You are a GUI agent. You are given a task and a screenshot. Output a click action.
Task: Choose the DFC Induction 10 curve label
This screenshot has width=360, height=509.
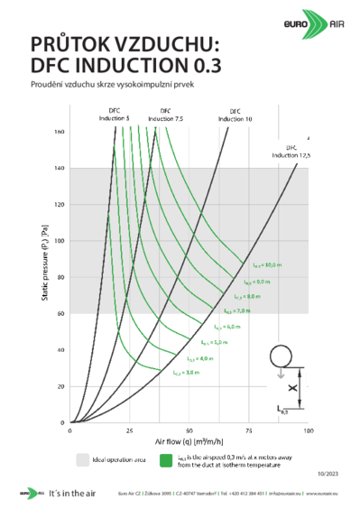pos(234,116)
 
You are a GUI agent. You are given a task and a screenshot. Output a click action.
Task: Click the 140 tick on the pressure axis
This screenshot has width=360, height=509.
pos(60,168)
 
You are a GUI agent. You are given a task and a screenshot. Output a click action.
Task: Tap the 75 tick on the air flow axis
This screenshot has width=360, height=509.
pos(249,430)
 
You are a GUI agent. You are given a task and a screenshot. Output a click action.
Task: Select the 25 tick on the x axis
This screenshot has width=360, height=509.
pos(130,430)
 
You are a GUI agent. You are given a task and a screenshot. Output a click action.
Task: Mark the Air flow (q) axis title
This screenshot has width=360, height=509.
pos(189,441)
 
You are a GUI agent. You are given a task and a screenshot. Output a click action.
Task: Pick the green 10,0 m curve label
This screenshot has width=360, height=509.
pos(268,264)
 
